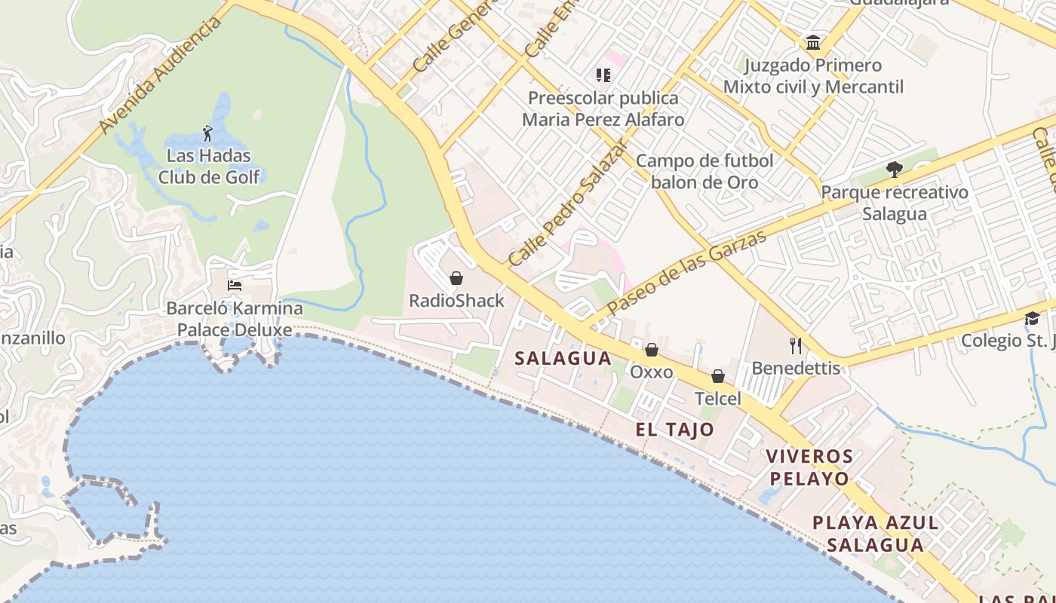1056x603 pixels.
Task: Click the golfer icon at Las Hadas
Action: tap(207, 135)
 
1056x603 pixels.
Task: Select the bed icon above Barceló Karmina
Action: tap(235, 286)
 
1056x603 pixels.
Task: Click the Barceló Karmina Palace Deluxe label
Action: tap(234, 319)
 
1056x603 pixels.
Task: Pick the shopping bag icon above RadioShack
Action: tap(456, 279)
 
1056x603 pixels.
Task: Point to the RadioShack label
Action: tap(456, 301)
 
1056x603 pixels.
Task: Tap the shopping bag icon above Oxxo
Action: tap(652, 350)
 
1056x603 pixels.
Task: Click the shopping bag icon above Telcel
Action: tap(718, 376)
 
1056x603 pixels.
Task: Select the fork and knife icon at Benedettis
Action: tap(795, 346)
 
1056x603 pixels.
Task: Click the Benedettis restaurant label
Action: tap(796, 369)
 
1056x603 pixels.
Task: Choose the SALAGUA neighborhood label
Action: tap(563, 359)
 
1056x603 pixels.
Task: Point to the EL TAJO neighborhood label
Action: tap(674, 430)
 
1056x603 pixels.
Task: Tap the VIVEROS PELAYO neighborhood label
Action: tap(809, 467)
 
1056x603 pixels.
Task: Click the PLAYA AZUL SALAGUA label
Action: tap(875, 534)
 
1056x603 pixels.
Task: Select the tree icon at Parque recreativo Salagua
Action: tap(894, 170)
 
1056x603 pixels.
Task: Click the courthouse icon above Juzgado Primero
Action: tap(813, 43)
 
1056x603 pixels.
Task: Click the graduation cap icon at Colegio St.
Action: tap(1032, 318)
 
